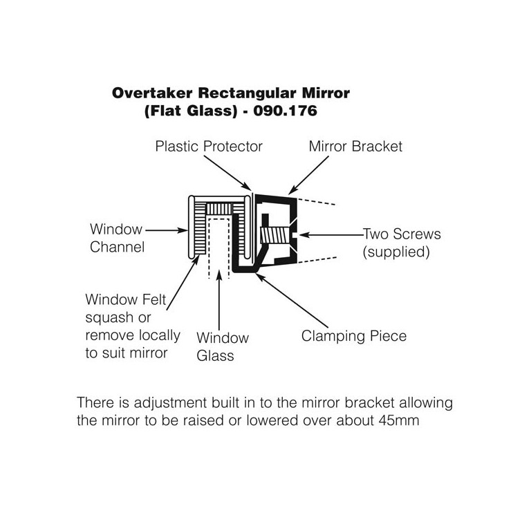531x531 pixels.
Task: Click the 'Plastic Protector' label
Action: tap(209, 147)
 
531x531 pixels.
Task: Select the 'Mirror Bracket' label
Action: tap(355, 147)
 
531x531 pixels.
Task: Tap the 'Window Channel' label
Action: tap(115, 237)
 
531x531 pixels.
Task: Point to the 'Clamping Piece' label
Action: tap(353, 337)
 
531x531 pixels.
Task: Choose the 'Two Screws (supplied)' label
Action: tap(401, 243)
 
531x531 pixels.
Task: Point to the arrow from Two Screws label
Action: tap(332, 235)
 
